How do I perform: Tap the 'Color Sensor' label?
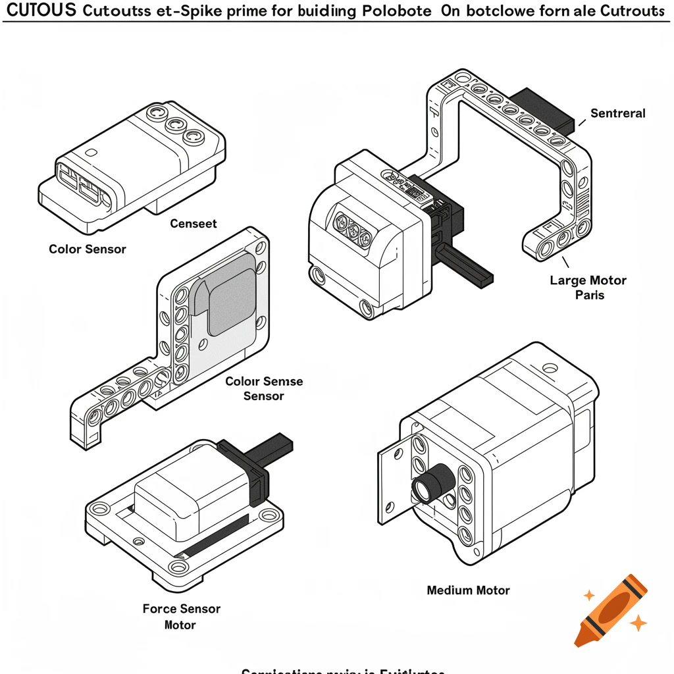(x=88, y=249)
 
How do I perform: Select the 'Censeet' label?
(x=194, y=224)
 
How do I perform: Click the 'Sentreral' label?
(x=617, y=113)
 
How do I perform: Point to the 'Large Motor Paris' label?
(x=588, y=288)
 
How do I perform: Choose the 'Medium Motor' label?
(x=468, y=590)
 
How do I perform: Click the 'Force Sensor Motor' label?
(x=181, y=617)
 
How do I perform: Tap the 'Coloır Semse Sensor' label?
(x=264, y=388)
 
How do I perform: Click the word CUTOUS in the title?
(x=41, y=11)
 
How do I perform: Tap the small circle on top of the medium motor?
(x=545, y=367)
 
